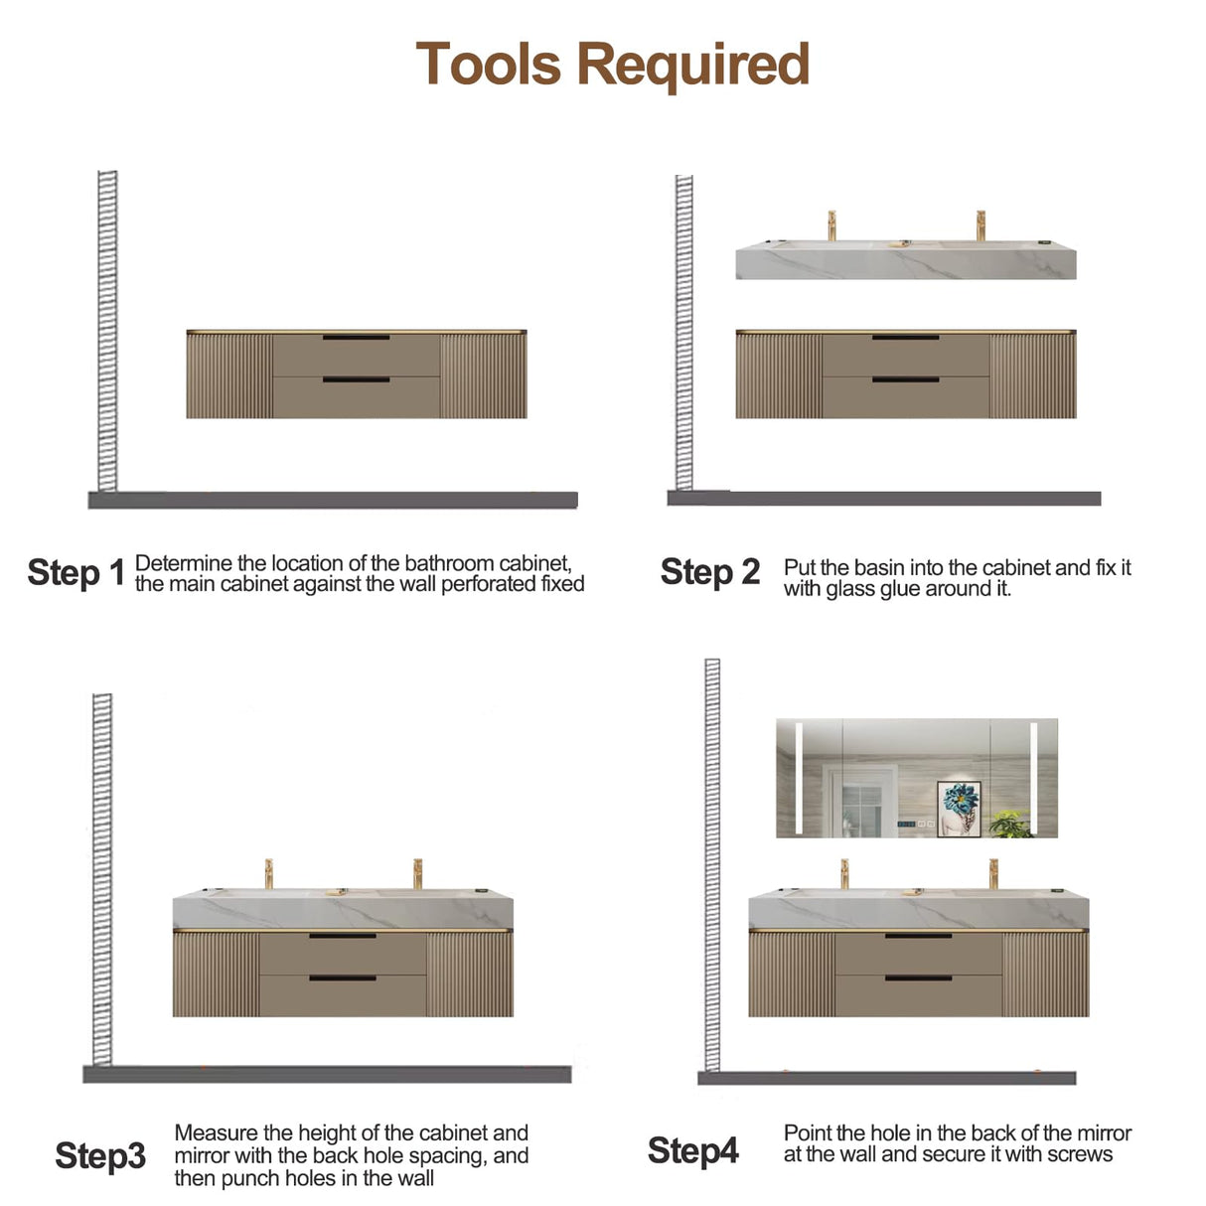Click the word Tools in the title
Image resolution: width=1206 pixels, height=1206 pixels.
488,64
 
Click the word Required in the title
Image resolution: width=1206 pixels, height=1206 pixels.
693,67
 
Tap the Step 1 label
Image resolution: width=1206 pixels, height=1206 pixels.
76,572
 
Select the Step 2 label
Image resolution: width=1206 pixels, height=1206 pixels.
710,572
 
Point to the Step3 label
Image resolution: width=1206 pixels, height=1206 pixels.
100,1155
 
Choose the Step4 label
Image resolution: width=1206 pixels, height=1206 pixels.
693,1150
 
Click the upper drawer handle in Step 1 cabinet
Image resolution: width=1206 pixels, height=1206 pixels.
356,338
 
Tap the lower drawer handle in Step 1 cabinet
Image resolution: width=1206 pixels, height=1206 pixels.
356,379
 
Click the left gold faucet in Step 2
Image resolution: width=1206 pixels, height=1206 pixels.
831,226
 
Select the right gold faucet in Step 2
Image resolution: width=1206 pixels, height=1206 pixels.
980,226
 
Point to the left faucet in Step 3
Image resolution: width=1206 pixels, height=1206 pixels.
268,874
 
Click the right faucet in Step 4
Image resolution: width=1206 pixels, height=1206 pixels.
993,874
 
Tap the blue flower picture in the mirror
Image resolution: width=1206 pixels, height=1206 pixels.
959,810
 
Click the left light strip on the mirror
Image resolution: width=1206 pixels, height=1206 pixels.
800,778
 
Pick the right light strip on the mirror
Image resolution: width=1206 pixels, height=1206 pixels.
1034,778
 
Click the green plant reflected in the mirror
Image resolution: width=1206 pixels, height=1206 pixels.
1009,825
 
